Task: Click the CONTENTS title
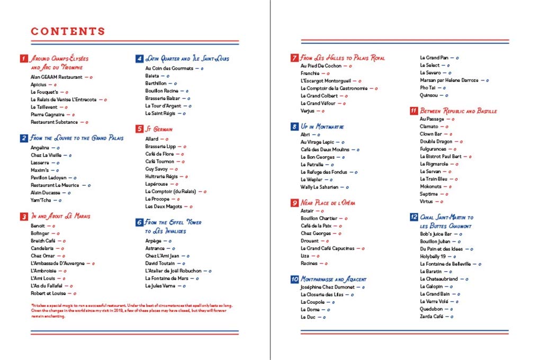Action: point(68,32)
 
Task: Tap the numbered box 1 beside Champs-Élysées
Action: point(24,58)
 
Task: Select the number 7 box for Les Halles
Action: point(294,58)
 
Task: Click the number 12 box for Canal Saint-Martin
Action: point(413,217)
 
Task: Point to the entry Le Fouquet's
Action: point(44,92)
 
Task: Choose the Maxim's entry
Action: point(40,170)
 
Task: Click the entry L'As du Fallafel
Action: point(47,285)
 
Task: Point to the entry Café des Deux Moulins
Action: point(325,150)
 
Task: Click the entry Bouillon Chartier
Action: point(320,218)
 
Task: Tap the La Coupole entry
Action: point(312,302)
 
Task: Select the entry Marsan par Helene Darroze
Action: point(449,80)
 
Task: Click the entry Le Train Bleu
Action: point(434,179)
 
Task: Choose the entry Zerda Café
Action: point(431,316)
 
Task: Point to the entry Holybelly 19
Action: point(433,256)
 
